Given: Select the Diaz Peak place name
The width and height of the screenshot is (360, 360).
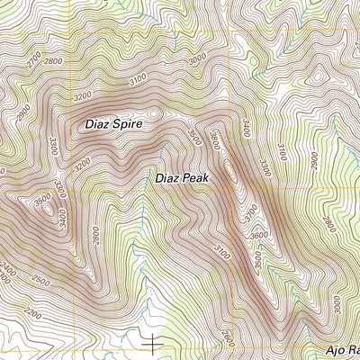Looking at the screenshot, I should (x=182, y=179).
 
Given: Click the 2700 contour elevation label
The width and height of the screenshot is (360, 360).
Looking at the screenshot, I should (x=35, y=60).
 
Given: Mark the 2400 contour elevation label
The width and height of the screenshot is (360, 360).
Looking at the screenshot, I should (x=9, y=270).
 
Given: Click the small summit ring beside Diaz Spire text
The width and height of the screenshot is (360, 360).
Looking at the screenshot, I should (x=155, y=113).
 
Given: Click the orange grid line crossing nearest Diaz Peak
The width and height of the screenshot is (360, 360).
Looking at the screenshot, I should (x=232, y=191).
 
